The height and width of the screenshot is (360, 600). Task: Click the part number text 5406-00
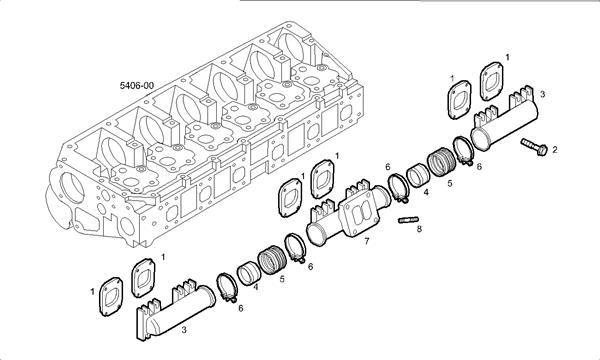point(134,86)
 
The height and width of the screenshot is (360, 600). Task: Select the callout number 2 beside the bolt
point(555,150)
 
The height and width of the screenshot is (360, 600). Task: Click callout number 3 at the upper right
point(541,92)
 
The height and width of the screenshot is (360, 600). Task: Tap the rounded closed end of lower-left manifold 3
point(207,297)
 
